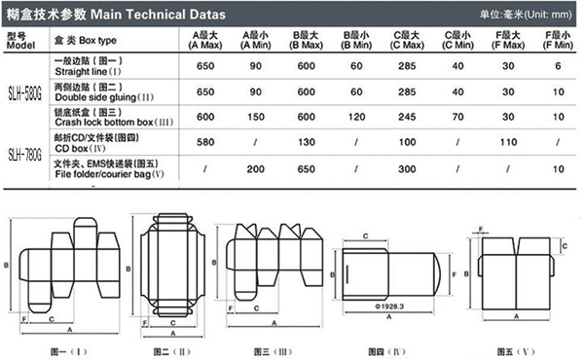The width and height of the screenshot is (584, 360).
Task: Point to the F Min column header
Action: pos(557,39)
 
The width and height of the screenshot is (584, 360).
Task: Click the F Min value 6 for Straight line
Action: pos(557,65)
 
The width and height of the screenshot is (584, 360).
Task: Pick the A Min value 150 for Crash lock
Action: pos(253,115)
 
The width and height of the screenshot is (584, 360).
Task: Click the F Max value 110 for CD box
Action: pos(506,141)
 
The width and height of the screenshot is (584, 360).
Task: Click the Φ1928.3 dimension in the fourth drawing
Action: pos(387,307)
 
